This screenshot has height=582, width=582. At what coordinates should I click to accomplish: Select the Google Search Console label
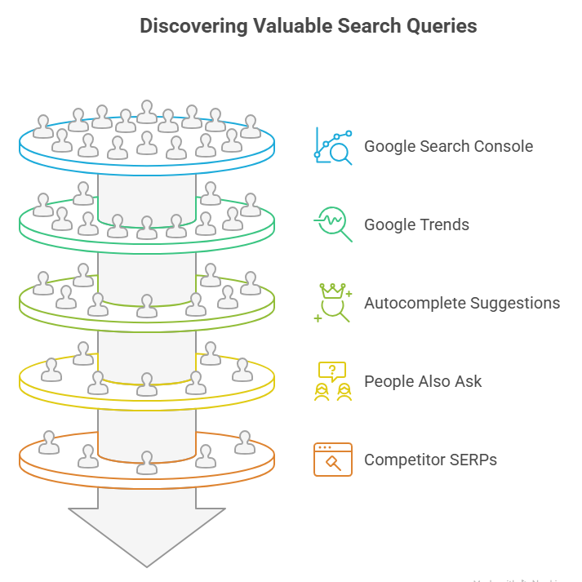pyautogui.click(x=448, y=147)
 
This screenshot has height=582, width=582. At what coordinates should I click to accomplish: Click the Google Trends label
pyautogui.click(x=416, y=224)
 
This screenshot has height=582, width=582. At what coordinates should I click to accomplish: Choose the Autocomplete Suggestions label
pyautogui.click(x=462, y=303)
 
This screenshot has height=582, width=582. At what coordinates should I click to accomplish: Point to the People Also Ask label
pyautogui.click(x=423, y=381)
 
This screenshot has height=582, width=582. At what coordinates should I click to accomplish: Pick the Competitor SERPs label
pyautogui.click(x=430, y=460)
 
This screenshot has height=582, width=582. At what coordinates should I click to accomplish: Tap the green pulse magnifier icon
pyautogui.click(x=333, y=224)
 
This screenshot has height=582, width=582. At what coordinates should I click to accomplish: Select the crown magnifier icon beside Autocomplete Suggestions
pyautogui.click(x=333, y=303)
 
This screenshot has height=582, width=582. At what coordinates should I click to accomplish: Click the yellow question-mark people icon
pyautogui.click(x=333, y=381)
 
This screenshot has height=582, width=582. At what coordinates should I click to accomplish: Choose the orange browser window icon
pyautogui.click(x=333, y=460)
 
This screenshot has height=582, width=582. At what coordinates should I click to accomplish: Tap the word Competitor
pyautogui.click(x=405, y=460)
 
